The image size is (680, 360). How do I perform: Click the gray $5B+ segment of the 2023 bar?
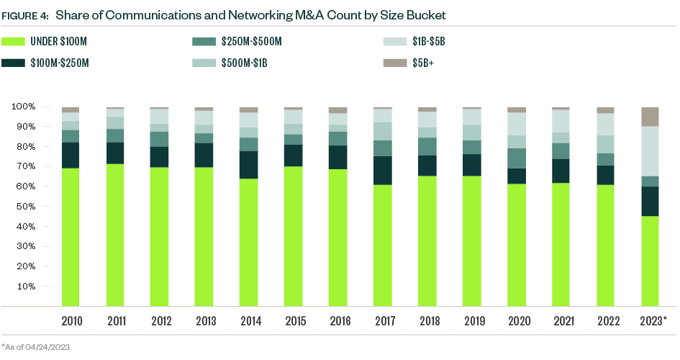tap(650, 117)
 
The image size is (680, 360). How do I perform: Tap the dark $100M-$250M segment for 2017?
tap(383, 171)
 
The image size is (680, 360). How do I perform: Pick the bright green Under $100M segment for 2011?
tap(115, 235)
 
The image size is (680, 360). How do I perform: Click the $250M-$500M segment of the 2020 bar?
tap(517, 158)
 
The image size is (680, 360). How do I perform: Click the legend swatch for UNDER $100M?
tap(14, 42)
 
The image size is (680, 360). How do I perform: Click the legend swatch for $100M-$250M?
tap(14, 63)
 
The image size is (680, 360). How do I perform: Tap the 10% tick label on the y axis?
tap(26, 287)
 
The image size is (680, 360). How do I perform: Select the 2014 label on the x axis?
tap(249, 320)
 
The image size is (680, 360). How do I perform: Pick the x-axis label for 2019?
tap(472, 320)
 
